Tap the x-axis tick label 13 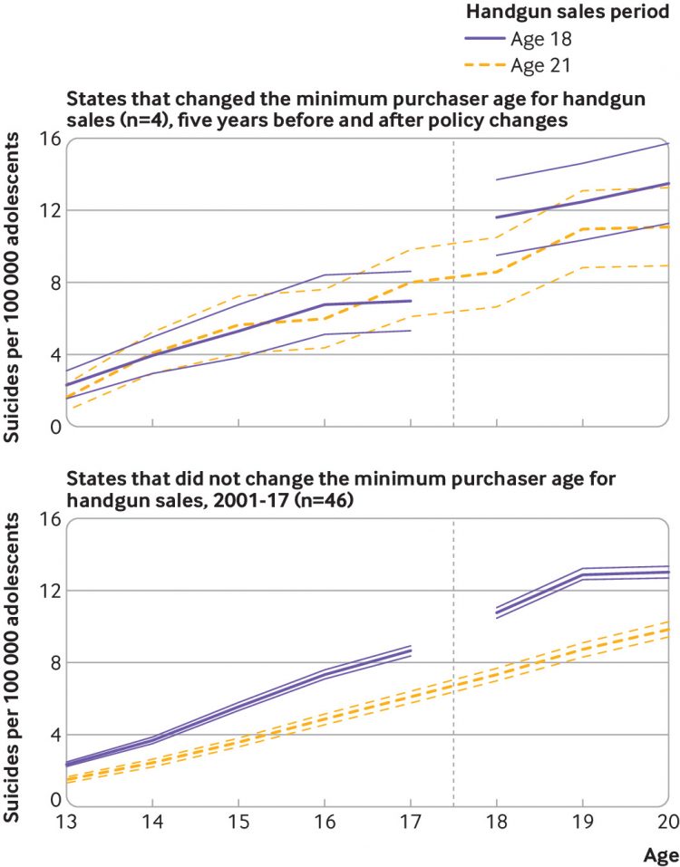(67, 821)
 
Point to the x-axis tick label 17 (411, 821)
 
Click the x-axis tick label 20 (667, 821)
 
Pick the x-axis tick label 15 (238, 821)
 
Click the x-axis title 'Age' (661, 854)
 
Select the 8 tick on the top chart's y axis (53, 283)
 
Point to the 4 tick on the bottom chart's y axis (53, 735)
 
